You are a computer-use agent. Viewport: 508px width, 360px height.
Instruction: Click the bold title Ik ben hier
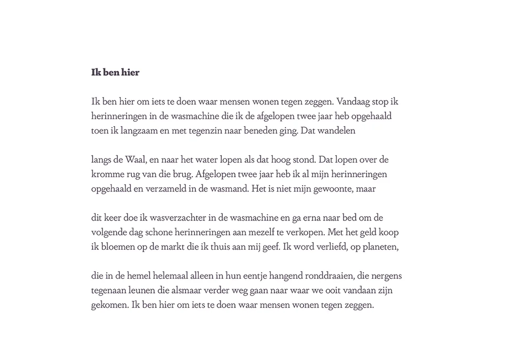pos(115,73)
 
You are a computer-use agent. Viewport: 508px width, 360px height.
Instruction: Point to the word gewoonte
pos(332,189)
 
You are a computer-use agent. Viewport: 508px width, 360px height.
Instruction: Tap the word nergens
pos(386,276)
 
